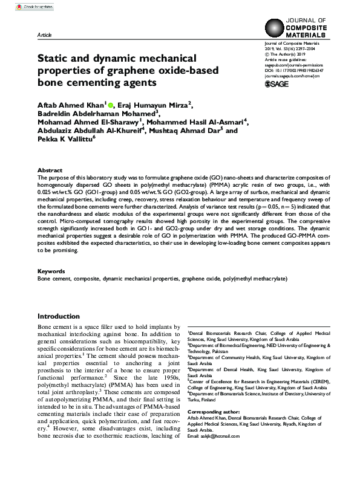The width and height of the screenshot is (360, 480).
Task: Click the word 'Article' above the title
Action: pos(44,36)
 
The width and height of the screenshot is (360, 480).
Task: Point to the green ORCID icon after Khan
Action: pos(111,105)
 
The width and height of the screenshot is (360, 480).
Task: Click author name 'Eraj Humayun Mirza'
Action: pos(154,105)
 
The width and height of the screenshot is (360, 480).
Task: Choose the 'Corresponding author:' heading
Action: pos(214,410)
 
